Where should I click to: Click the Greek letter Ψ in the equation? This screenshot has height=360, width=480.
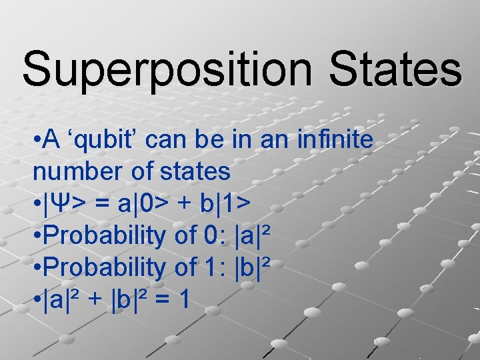pyautogui.click(x=59, y=204)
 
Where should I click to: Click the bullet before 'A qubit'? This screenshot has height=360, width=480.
pyautogui.click(x=37, y=141)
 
